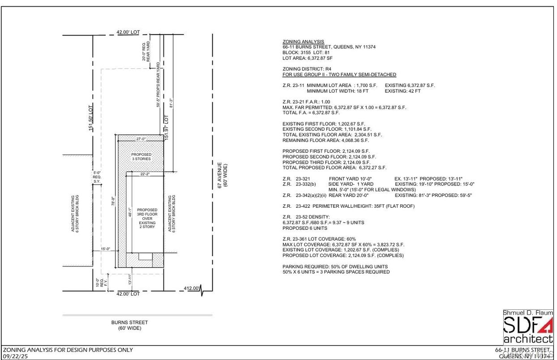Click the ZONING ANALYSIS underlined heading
pyautogui.click(x=303, y=41)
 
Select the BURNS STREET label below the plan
pyautogui.click(x=129, y=322)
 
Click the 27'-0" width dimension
pyautogui.click(x=141, y=139)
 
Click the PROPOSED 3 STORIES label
pyautogui.click(x=141, y=156)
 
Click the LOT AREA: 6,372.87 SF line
pyautogui.click(x=308, y=58)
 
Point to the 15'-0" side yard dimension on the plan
pyautogui.click(x=106, y=249)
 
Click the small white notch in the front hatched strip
pyautogui.click(x=145, y=256)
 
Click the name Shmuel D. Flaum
pyautogui.click(x=527, y=313)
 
